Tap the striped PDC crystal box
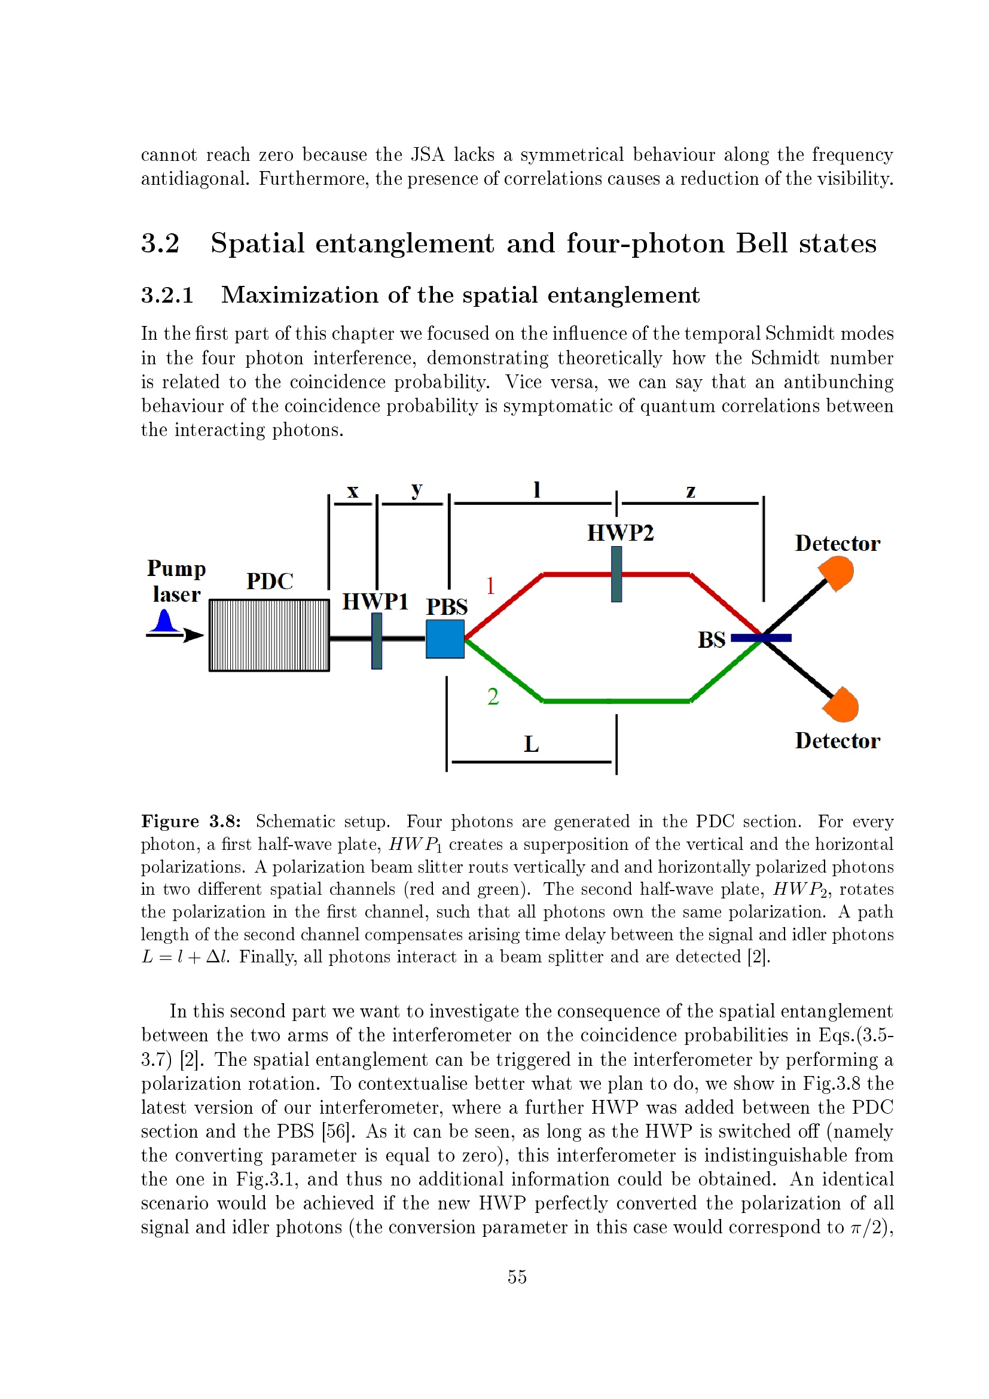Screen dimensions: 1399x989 point(269,635)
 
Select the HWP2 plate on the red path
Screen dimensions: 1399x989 point(616,574)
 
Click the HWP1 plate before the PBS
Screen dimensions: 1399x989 point(376,641)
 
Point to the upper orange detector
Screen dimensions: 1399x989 point(837,574)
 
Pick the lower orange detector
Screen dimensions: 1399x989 point(841,705)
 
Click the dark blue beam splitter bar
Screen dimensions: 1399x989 point(761,638)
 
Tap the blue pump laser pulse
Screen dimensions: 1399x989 point(164,621)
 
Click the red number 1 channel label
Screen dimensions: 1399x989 point(490,586)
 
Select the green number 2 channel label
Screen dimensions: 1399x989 point(493,696)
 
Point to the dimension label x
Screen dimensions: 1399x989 point(353,491)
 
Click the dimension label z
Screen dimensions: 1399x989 point(691,491)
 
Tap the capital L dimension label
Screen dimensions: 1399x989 point(531,744)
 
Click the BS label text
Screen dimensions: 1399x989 point(712,640)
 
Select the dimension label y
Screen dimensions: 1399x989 point(417,490)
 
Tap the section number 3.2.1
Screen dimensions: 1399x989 point(167,295)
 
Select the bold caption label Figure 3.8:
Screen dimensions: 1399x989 point(191,821)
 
